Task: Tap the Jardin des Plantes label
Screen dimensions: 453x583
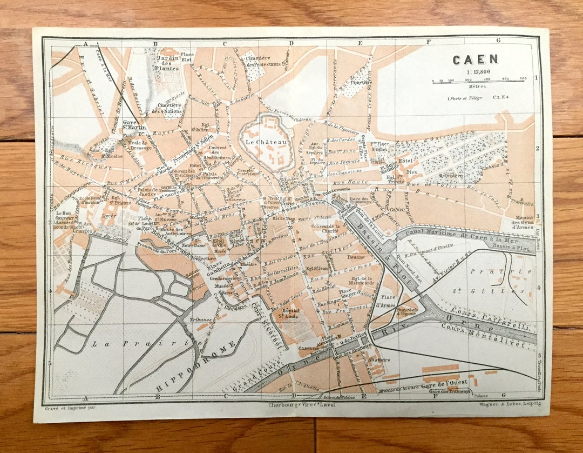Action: click(167, 63)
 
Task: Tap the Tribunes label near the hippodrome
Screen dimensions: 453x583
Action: click(201, 319)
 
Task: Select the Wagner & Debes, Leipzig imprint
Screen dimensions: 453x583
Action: click(510, 404)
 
